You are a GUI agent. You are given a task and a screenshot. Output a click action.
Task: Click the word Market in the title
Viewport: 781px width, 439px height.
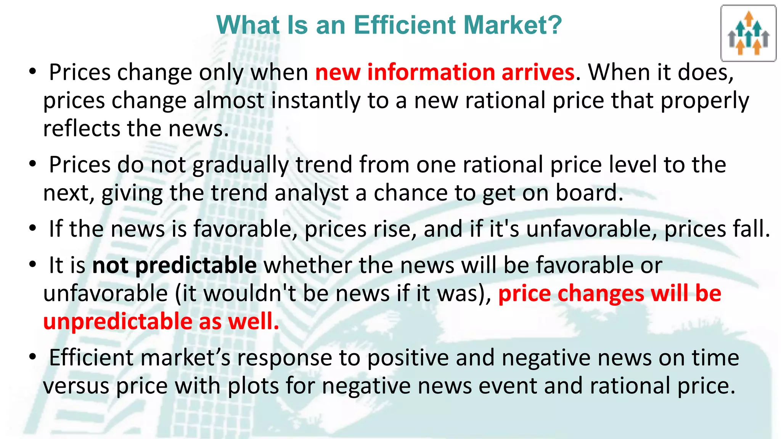click(x=507, y=25)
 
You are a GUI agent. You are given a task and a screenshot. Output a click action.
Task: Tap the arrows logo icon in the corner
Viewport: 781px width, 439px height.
click(x=748, y=34)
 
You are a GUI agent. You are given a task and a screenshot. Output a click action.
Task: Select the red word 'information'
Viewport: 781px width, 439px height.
click(x=431, y=72)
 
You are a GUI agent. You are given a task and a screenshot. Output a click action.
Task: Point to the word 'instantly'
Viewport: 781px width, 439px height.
click(x=315, y=101)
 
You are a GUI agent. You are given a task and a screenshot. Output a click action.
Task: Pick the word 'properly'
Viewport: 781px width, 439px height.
click(x=705, y=101)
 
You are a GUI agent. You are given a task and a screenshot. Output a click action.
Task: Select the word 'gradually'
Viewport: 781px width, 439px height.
click(x=240, y=165)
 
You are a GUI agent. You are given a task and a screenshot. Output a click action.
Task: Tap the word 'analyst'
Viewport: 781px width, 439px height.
click(x=312, y=193)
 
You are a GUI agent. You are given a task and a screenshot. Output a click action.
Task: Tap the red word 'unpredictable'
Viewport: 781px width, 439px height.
click(x=118, y=322)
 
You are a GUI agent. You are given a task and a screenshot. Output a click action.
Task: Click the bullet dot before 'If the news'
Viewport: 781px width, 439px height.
click(x=33, y=229)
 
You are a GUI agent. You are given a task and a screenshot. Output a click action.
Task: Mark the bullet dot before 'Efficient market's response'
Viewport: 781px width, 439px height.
click(x=33, y=357)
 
